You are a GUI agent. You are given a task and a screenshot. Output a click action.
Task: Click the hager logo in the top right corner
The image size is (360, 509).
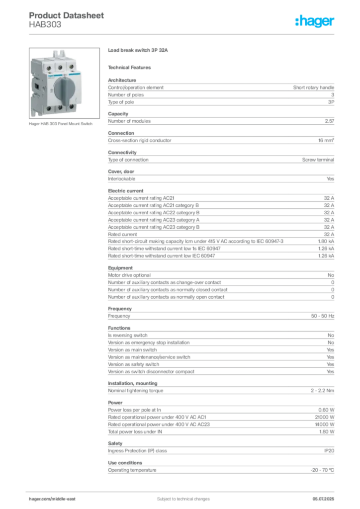point(315,21)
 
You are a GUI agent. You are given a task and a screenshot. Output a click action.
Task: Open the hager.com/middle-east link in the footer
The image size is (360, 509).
point(55,499)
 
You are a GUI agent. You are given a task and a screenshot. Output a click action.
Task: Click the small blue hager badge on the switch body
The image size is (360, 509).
point(50,75)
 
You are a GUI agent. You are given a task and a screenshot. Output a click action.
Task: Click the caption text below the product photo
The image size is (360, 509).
point(62,124)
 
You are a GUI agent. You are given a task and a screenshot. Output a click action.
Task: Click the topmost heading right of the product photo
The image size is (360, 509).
point(140,51)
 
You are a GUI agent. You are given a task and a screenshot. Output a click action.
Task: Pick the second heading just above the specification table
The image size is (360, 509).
point(131,67)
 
